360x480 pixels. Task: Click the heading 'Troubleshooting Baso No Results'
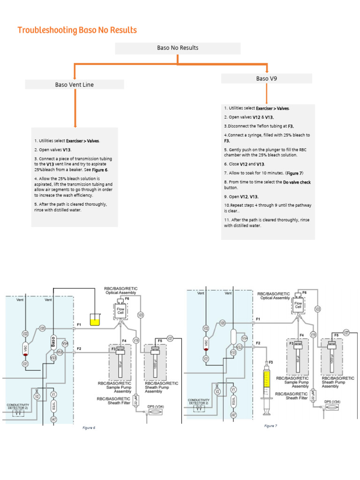pyautogui.click(x=77, y=30)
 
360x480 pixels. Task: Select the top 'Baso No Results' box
pyautogui.click(x=177, y=48)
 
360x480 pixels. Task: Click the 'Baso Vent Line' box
pyautogui.click(x=74, y=85)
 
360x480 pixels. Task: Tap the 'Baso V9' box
pyautogui.click(x=266, y=79)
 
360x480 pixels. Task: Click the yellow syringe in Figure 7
pyautogui.click(x=266, y=384)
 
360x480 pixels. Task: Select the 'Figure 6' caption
pyautogui.click(x=89, y=427)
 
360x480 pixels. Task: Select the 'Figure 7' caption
pyautogui.click(x=270, y=426)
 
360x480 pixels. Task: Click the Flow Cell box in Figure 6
pyautogui.click(x=121, y=310)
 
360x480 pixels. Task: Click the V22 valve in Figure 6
pyautogui.click(x=26, y=333)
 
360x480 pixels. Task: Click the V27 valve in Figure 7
pyautogui.click(x=346, y=332)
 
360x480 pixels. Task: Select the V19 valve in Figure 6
pyautogui.click(x=136, y=340)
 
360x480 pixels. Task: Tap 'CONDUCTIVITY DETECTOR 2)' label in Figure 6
pyautogui.click(x=18, y=406)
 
